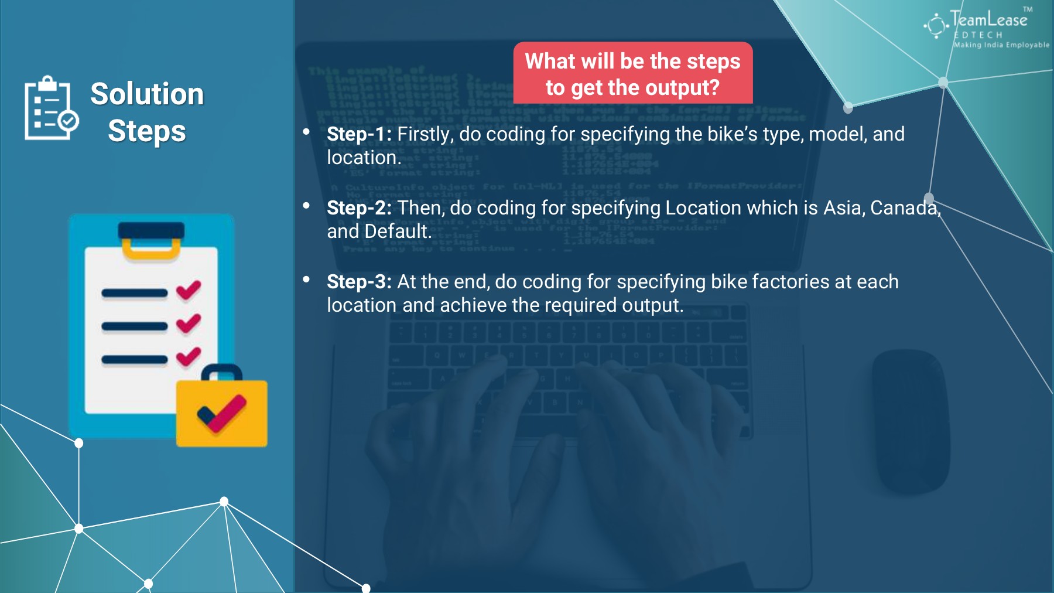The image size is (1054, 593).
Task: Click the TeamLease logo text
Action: [988, 20]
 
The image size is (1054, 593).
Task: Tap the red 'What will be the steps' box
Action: [633, 73]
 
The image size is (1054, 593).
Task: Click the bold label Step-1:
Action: [359, 134]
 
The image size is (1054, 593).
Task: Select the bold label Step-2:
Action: [359, 208]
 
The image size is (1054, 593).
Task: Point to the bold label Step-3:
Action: [359, 282]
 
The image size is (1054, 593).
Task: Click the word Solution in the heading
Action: [147, 94]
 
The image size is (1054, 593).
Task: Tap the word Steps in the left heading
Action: [147, 131]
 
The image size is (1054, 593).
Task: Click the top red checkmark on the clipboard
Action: [189, 290]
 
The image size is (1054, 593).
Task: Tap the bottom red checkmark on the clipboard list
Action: [189, 356]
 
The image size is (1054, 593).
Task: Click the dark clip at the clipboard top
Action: [151, 230]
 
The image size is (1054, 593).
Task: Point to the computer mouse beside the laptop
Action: [911, 422]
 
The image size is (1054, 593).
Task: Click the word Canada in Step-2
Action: [904, 208]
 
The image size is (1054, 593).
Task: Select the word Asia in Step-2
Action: [843, 208]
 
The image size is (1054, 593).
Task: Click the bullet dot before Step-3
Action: [306, 280]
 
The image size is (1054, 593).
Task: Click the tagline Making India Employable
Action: [1001, 45]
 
